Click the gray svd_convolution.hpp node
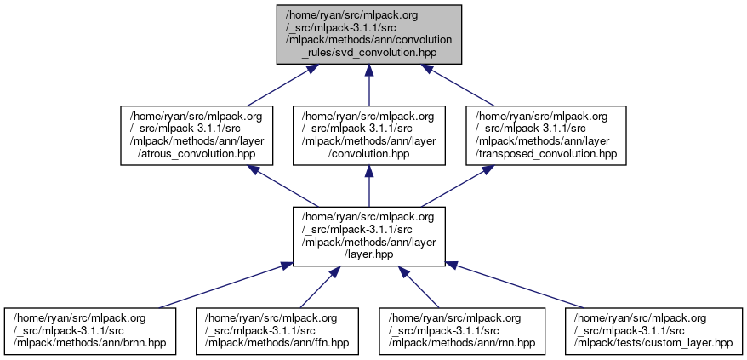(x=368, y=33)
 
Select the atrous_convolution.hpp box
(x=200, y=135)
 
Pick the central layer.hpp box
(x=368, y=234)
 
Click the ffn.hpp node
(x=276, y=332)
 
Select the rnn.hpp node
(x=462, y=332)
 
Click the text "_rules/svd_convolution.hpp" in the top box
(x=368, y=52)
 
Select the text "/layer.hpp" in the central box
(x=368, y=253)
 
